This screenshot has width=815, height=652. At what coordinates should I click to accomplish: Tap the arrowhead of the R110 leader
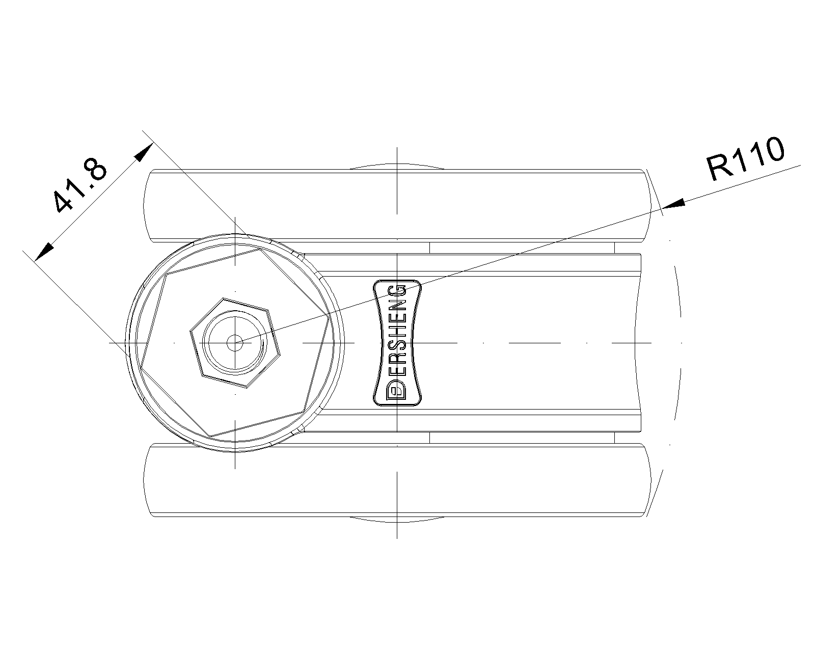[674, 204]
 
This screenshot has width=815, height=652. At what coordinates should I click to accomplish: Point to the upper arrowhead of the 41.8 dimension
[144, 152]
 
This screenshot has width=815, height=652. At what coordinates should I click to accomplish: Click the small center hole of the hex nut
[235, 343]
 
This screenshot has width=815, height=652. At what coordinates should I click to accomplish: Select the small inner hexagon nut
[235, 343]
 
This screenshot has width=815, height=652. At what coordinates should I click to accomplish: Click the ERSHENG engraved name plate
[397, 343]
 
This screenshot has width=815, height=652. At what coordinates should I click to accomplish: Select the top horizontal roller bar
[397, 205]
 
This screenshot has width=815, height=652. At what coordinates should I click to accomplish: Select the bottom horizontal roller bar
[397, 480]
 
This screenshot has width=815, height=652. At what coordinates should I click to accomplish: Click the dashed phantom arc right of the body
[680, 343]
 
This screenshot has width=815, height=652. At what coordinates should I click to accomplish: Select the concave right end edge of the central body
[635, 343]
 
